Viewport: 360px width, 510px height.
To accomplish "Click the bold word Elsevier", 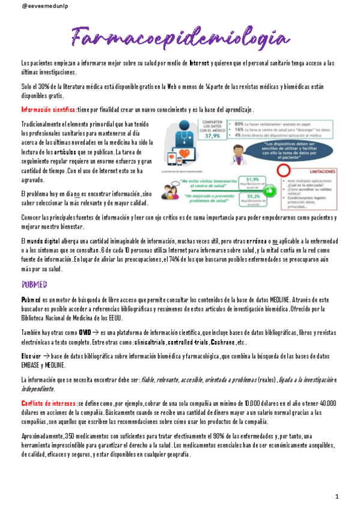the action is pyautogui.click(x=31, y=356).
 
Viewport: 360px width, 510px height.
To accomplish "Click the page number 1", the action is pyautogui.click(x=337, y=496).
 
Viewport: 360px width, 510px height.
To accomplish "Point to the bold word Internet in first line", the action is pyautogui.click(x=200, y=63).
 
